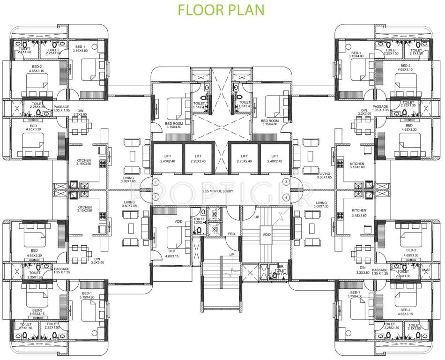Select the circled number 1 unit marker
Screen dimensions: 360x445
(x=156, y=182)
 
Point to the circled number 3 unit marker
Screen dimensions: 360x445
(x=286, y=182)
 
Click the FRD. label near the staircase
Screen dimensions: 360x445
(x=231, y=233)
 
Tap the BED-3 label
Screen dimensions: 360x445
(x=411, y=250)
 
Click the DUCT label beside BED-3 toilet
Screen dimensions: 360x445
(x=426, y=270)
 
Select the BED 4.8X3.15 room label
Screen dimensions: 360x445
(x=171, y=254)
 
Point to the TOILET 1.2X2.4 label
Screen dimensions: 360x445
(x=199, y=221)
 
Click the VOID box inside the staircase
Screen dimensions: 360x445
(x=267, y=234)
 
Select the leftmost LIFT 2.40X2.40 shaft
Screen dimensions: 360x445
(x=167, y=158)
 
